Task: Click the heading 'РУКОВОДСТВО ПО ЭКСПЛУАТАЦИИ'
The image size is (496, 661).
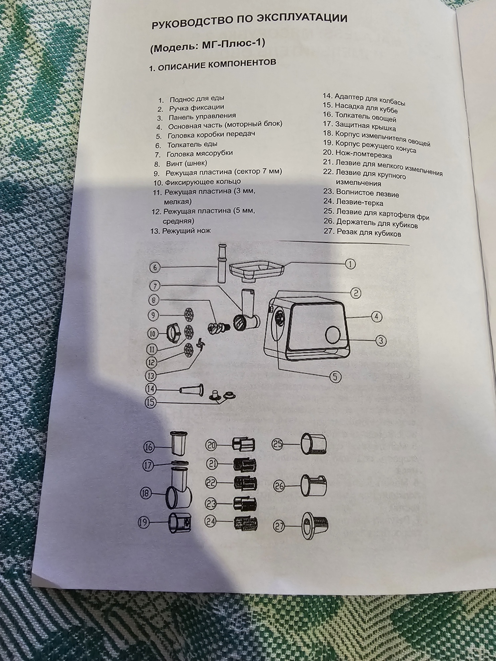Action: [250, 21]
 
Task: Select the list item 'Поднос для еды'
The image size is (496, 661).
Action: [197, 99]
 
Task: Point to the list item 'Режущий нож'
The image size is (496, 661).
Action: [186, 231]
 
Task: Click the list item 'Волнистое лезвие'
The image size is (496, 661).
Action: [367, 193]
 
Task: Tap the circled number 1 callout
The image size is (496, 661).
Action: [350, 264]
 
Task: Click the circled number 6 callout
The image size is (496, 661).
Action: [155, 267]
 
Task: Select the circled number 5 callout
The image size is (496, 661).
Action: [335, 377]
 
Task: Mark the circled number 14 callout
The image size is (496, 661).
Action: [150, 389]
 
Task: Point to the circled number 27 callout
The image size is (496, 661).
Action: [279, 527]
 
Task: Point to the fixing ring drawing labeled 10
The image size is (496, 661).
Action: [173, 333]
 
